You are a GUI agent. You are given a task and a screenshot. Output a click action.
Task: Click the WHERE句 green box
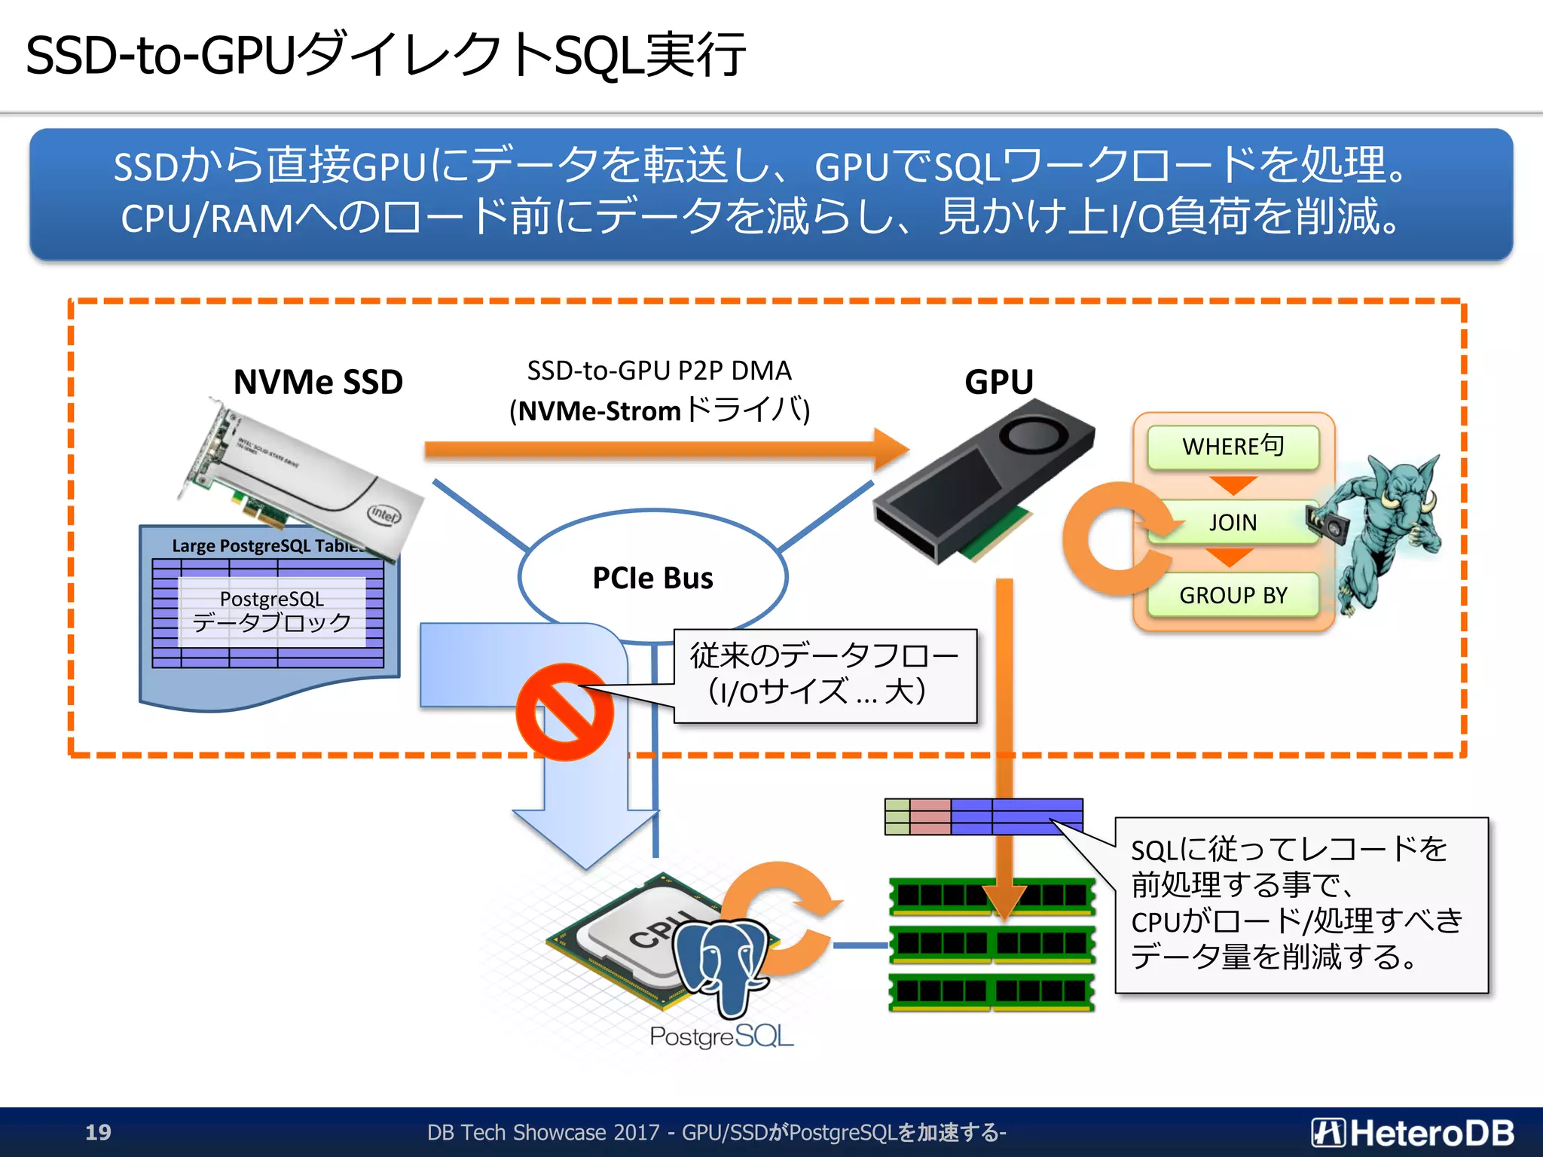click(x=1233, y=447)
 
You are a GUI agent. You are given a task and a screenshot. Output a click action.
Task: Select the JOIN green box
click(x=1233, y=522)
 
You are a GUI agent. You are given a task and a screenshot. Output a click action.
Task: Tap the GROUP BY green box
click(x=1233, y=595)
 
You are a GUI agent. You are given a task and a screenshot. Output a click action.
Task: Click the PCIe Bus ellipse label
click(x=652, y=578)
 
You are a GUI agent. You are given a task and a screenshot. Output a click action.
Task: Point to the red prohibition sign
click(x=564, y=712)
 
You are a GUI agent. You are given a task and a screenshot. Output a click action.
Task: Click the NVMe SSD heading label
click(x=318, y=382)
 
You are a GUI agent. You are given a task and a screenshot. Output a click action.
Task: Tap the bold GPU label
click(x=998, y=382)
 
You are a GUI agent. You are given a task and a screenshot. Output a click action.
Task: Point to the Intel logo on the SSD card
click(x=383, y=515)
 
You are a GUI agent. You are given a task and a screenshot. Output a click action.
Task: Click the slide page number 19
click(x=98, y=1132)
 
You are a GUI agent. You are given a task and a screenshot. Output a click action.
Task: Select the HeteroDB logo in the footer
click(x=1412, y=1132)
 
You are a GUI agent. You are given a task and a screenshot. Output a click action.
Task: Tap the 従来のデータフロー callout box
click(x=824, y=676)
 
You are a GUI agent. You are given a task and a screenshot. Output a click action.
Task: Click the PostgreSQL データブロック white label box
click(x=272, y=611)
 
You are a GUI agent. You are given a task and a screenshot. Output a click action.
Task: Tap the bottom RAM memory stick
click(x=991, y=991)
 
